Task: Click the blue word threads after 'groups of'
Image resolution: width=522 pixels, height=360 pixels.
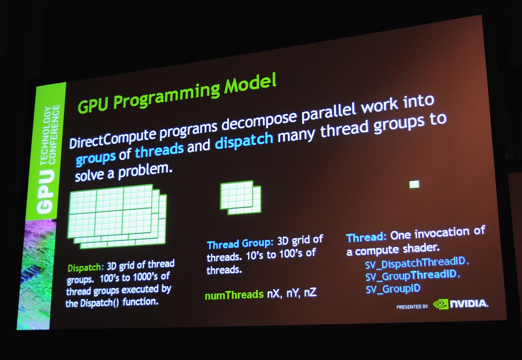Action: pos(159,151)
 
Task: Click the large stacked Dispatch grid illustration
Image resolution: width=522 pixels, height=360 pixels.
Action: pos(117,217)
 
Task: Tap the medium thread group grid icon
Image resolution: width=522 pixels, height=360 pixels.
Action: pos(241,198)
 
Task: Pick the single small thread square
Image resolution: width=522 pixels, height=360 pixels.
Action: pos(414,184)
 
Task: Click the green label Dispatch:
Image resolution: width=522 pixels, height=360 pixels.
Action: pos(86,268)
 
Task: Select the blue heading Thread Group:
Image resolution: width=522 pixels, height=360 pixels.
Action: pos(240,244)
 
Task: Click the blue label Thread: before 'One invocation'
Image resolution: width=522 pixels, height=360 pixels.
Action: pos(366,237)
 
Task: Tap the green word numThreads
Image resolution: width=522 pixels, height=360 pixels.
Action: pos(234,295)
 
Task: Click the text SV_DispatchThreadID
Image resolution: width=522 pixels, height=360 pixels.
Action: pos(415,263)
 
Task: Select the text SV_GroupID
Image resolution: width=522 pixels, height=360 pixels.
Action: pos(393,289)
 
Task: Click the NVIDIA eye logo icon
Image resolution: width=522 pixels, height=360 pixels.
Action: pos(440,305)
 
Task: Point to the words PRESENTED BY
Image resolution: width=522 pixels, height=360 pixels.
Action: pos(412,307)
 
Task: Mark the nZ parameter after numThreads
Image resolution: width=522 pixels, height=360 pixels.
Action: pos(310,293)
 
